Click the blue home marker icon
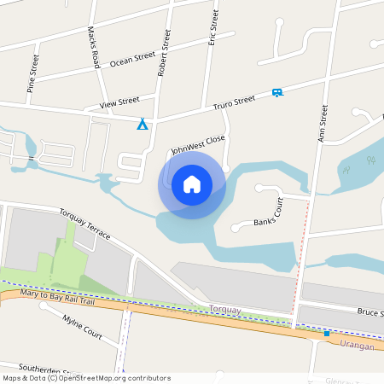(x=192, y=184)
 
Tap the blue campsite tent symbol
(x=143, y=125)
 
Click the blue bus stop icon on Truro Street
(x=276, y=92)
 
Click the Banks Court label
(x=269, y=213)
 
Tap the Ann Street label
(x=323, y=124)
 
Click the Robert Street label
(x=165, y=51)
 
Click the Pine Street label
(x=32, y=72)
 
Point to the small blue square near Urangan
(x=326, y=334)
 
